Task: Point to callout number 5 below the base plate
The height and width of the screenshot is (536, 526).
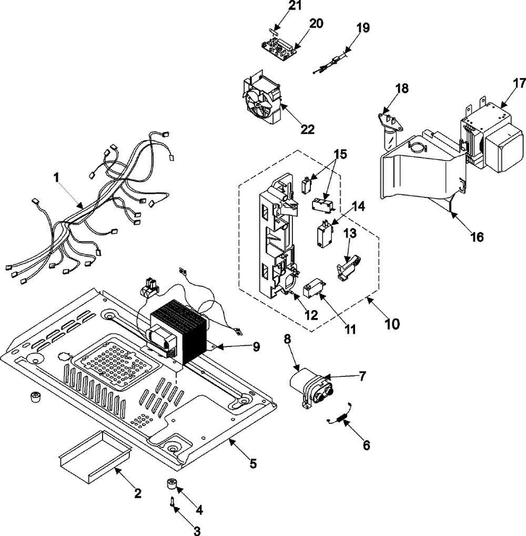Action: (x=253, y=463)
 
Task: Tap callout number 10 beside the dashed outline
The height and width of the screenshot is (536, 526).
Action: (x=391, y=322)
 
